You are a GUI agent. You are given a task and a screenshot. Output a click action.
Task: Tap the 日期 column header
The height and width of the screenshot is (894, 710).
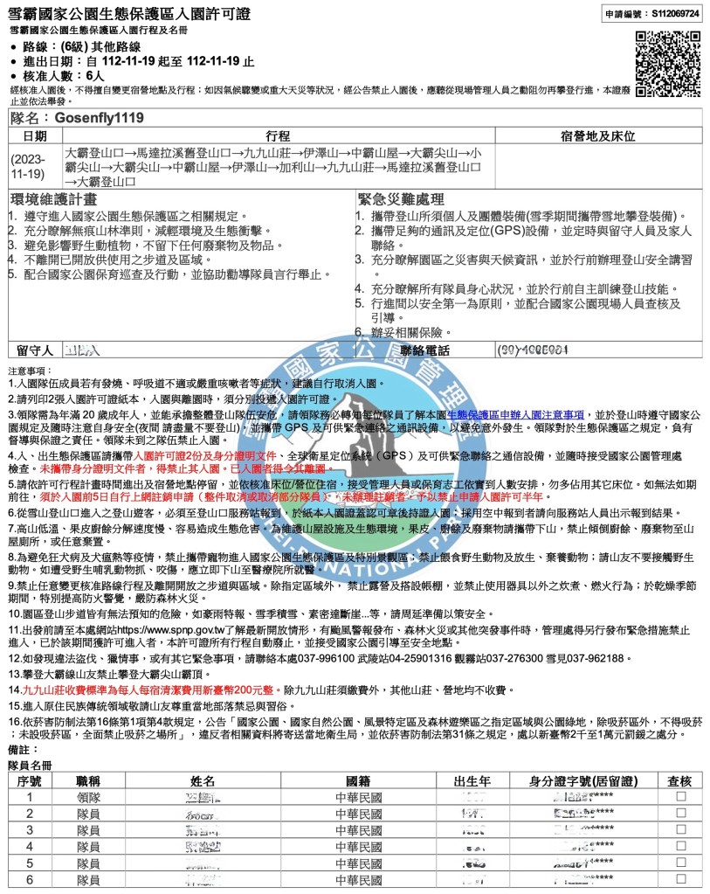[x=35, y=137]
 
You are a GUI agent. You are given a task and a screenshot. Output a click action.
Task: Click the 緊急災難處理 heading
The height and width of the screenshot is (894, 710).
[x=401, y=199]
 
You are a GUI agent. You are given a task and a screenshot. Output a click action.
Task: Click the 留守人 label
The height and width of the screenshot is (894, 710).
[x=35, y=350]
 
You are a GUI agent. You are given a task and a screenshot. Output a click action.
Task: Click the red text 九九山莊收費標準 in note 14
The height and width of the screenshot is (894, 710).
[x=70, y=690]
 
